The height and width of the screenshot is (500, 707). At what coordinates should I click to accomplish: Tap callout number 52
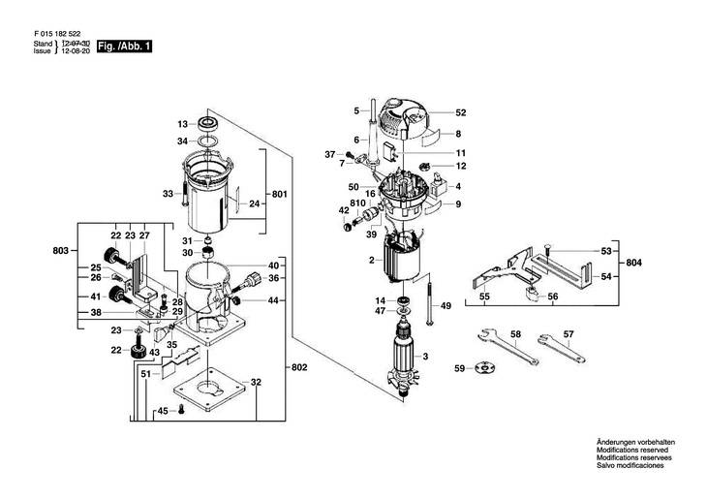tap(461, 112)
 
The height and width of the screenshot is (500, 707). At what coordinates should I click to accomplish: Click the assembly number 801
tap(280, 195)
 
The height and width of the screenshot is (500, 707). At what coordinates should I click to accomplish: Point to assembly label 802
tap(299, 369)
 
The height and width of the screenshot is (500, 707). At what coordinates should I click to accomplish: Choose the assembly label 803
tap(61, 251)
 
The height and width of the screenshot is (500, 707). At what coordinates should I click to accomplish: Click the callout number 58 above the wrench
tap(515, 334)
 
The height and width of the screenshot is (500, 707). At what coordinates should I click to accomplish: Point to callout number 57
tap(569, 334)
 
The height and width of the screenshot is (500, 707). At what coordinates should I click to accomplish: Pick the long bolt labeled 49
tap(425, 299)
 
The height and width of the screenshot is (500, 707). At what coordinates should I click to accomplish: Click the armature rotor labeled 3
tap(405, 359)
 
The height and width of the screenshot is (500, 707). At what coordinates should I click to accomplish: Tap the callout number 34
tap(182, 141)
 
